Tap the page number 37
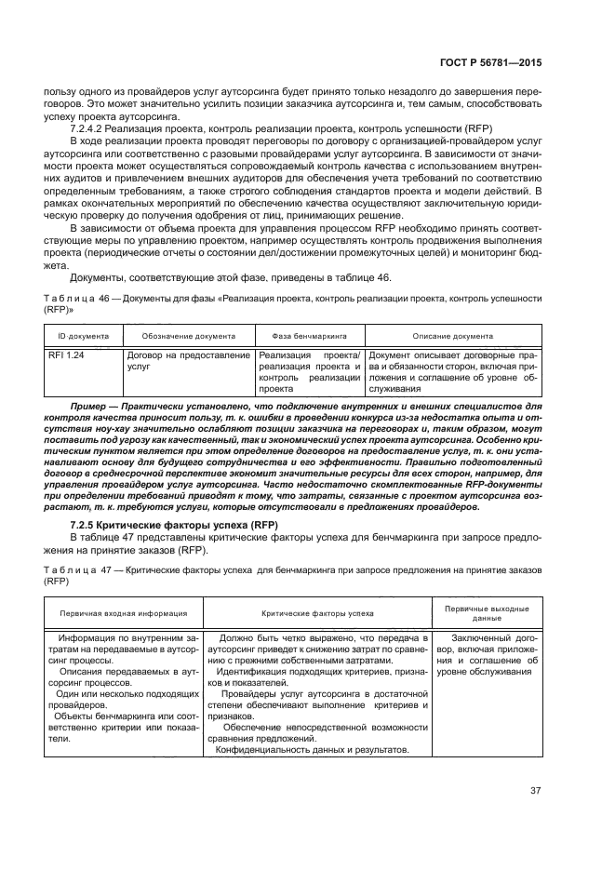(x=535, y=791)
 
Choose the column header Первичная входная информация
(x=123, y=613)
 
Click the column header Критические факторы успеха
(x=316, y=613)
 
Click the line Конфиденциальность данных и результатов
(x=312, y=750)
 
